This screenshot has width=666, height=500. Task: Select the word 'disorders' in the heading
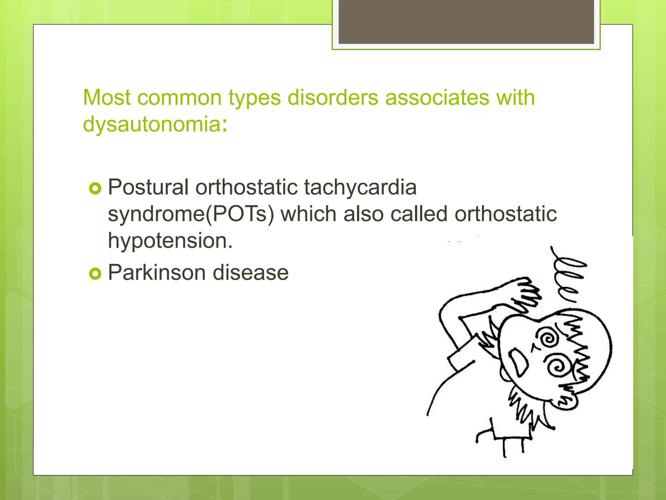coord(333,97)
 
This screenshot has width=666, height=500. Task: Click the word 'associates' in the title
coord(437,97)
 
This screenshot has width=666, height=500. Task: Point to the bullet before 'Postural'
coord(95,188)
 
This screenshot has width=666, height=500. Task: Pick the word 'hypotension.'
coord(170,241)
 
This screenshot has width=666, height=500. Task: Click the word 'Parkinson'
coord(156,272)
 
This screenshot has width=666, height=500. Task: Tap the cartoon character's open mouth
coord(519,361)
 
